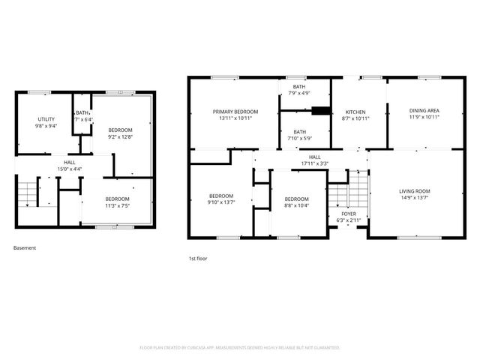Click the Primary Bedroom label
[x=235, y=111]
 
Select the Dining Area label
[x=424, y=111]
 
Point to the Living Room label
[x=414, y=191]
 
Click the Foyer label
[x=349, y=214]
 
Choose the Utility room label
[x=46, y=120]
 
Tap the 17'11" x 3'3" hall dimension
[x=315, y=163]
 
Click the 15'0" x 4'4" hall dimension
[x=69, y=168]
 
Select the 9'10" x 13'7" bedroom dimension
[x=220, y=202]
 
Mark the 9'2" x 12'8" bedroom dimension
[x=120, y=136]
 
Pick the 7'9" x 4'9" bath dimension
[x=299, y=93]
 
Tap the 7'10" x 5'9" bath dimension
[x=299, y=139]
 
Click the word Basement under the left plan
[x=25, y=248]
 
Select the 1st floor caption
[x=198, y=259]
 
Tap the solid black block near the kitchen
[x=321, y=112]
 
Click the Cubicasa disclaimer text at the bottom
[x=240, y=348]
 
